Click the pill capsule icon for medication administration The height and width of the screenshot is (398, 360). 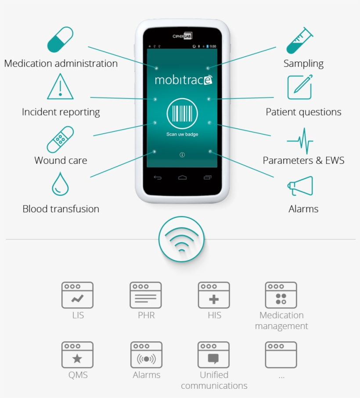pyautogui.click(x=60, y=40)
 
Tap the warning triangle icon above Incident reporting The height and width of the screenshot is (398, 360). pyautogui.click(x=60, y=86)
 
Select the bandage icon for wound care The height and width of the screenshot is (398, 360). pyautogui.click(x=60, y=140)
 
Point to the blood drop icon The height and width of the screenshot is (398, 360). pyautogui.click(x=60, y=184)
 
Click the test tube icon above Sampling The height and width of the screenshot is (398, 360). pyautogui.click(x=299, y=40)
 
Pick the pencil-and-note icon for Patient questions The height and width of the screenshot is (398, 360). pyautogui.click(x=300, y=87)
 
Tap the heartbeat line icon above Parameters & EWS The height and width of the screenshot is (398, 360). pyautogui.click(x=300, y=141)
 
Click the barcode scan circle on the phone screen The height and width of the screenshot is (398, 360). pyautogui.click(x=182, y=114)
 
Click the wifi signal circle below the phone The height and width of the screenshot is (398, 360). pyautogui.click(x=181, y=239)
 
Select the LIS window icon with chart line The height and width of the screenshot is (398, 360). pyautogui.click(x=77, y=295)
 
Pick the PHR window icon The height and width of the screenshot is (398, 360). pyautogui.click(x=146, y=295)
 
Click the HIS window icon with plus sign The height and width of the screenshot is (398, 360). pyautogui.click(x=214, y=295)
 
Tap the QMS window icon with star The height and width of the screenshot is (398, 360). pyautogui.click(x=77, y=355)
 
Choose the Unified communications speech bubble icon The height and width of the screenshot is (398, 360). pyautogui.click(x=214, y=355)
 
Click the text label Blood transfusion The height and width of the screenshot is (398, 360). pyautogui.click(x=61, y=209)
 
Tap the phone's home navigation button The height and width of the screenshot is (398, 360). pyautogui.click(x=182, y=177)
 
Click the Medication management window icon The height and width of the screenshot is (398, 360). pyautogui.click(x=281, y=295)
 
